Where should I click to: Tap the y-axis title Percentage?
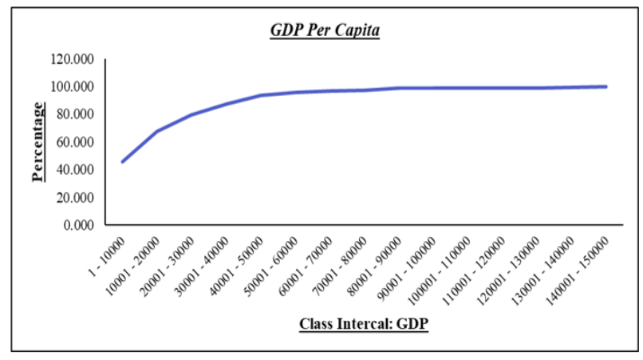(38, 142)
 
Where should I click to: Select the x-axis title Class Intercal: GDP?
(364, 324)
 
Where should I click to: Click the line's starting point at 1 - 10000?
(122, 161)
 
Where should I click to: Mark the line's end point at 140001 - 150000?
(606, 86)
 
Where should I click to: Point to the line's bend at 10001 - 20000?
(156, 131)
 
